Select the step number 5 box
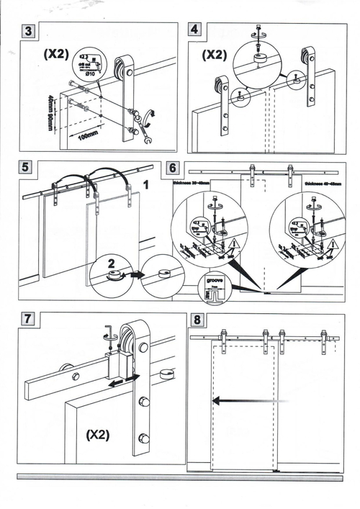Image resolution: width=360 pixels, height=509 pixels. click(x=27, y=168)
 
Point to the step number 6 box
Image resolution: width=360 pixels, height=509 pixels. click(x=173, y=168)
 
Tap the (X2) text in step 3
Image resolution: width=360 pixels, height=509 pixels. click(x=56, y=54)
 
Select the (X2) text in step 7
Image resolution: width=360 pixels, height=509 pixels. click(x=97, y=435)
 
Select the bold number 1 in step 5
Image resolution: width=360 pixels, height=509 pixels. click(x=146, y=184)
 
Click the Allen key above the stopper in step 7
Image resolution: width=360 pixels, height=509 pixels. click(x=109, y=332)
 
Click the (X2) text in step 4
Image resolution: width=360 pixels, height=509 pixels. click(x=214, y=54)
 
